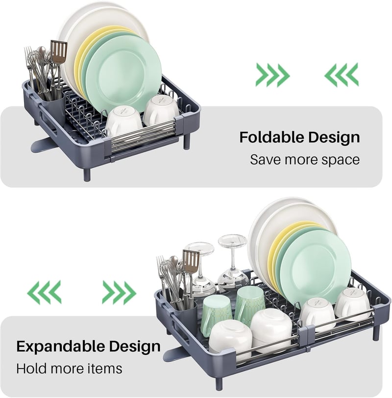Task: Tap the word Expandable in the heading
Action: coord(61,347)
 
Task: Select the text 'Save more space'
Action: coord(305,160)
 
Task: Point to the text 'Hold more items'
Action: coord(69,369)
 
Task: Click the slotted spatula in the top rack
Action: coord(58,51)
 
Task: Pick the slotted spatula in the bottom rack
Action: coord(191,261)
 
